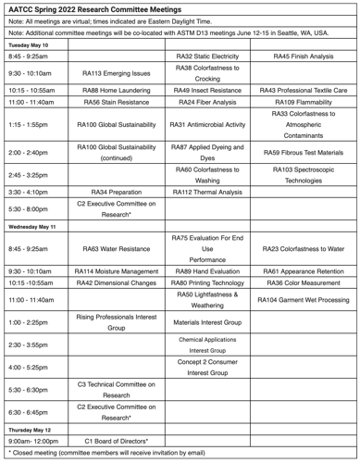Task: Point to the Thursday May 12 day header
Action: [x=34, y=429]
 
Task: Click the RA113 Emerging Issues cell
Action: [x=117, y=73]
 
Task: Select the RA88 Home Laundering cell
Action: [x=117, y=90]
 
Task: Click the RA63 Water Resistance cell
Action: [x=117, y=248]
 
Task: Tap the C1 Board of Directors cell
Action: [x=117, y=441]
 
